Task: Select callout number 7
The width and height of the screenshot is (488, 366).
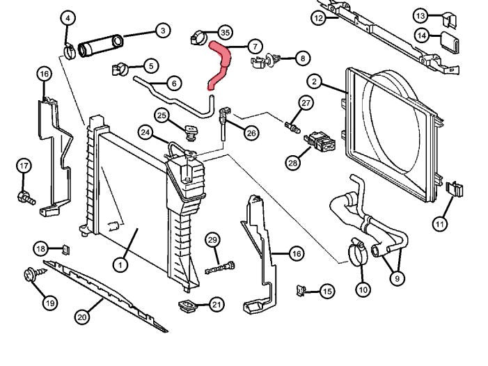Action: (255, 47)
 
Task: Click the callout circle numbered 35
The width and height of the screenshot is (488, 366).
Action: (224, 33)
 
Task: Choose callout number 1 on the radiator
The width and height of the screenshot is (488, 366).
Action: (120, 264)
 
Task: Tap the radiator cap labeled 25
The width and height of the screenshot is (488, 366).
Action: (188, 130)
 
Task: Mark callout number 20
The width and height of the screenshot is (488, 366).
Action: (81, 317)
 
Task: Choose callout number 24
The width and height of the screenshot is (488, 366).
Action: (145, 131)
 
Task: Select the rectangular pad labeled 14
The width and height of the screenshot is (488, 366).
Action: (450, 43)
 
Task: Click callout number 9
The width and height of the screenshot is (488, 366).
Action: (396, 278)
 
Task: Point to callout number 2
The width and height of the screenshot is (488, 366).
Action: (315, 83)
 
